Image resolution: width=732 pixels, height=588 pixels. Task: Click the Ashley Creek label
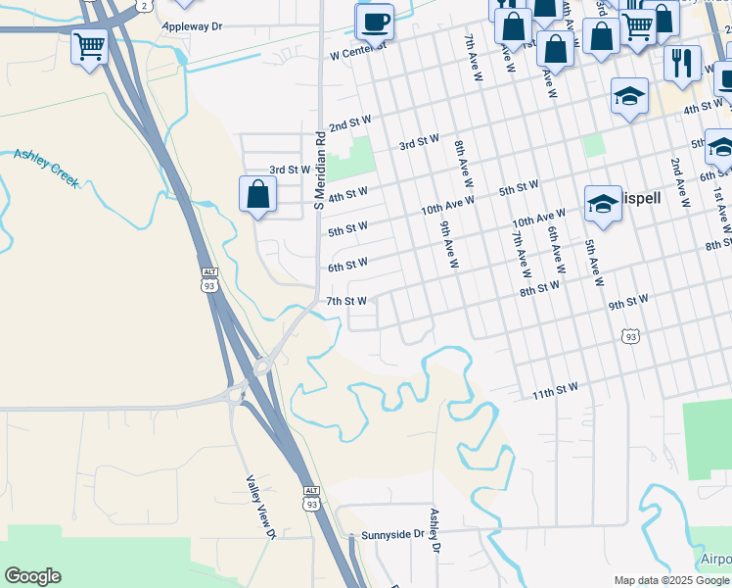pyautogui.click(x=45, y=168)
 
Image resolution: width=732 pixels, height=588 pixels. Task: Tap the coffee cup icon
pyautogui.click(x=373, y=21)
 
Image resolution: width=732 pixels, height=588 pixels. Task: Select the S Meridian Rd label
pyautogui.click(x=318, y=171)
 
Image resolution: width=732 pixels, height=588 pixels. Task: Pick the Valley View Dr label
pyautogui.click(x=261, y=507)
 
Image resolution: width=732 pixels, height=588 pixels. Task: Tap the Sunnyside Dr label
pyautogui.click(x=392, y=535)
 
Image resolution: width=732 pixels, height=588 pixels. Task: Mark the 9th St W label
pyautogui.click(x=628, y=302)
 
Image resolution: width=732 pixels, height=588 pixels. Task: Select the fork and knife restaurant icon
pyautogui.click(x=682, y=63)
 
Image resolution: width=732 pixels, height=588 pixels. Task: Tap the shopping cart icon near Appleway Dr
pyautogui.click(x=89, y=45)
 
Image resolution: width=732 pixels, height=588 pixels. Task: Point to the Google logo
pyautogui.click(x=32, y=576)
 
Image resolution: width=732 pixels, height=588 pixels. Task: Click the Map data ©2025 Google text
pyautogui.click(x=671, y=580)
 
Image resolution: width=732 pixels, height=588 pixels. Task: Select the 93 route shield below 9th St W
pyautogui.click(x=631, y=336)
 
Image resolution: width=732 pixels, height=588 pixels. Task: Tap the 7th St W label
pyautogui.click(x=346, y=301)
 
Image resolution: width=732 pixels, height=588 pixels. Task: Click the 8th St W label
pyautogui.click(x=539, y=288)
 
